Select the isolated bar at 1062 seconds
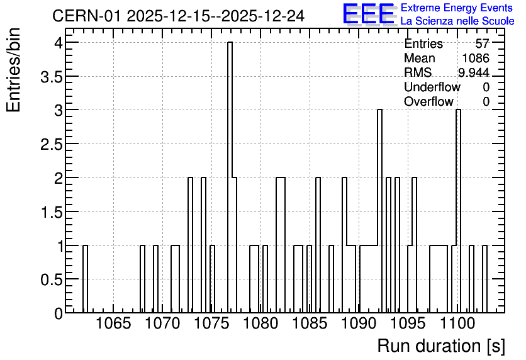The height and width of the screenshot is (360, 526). point(85,279)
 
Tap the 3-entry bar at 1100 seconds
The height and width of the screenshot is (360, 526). point(458,211)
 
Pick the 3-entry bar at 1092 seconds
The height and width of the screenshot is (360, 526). point(379,211)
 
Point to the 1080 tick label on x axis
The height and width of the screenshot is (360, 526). point(260,323)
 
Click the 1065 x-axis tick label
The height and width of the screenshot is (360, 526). point(113,323)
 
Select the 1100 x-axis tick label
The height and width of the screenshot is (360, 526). point(457,323)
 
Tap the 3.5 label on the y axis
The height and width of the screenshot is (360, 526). point(52,77)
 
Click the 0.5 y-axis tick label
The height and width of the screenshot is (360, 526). point(52,280)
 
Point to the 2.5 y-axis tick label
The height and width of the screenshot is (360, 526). point(52,145)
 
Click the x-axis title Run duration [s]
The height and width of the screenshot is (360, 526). point(441,346)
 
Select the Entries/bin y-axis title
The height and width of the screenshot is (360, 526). point(14,70)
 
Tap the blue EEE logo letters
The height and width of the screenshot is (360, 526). point(369,14)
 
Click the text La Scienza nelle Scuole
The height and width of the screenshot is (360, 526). point(457,21)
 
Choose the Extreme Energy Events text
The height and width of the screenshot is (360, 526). point(457,8)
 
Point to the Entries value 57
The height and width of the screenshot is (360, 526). point(483,43)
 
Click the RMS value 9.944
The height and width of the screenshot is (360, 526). point(474,72)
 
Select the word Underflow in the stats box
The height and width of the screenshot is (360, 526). point(432,87)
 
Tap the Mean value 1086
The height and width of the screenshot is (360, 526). point(476,58)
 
